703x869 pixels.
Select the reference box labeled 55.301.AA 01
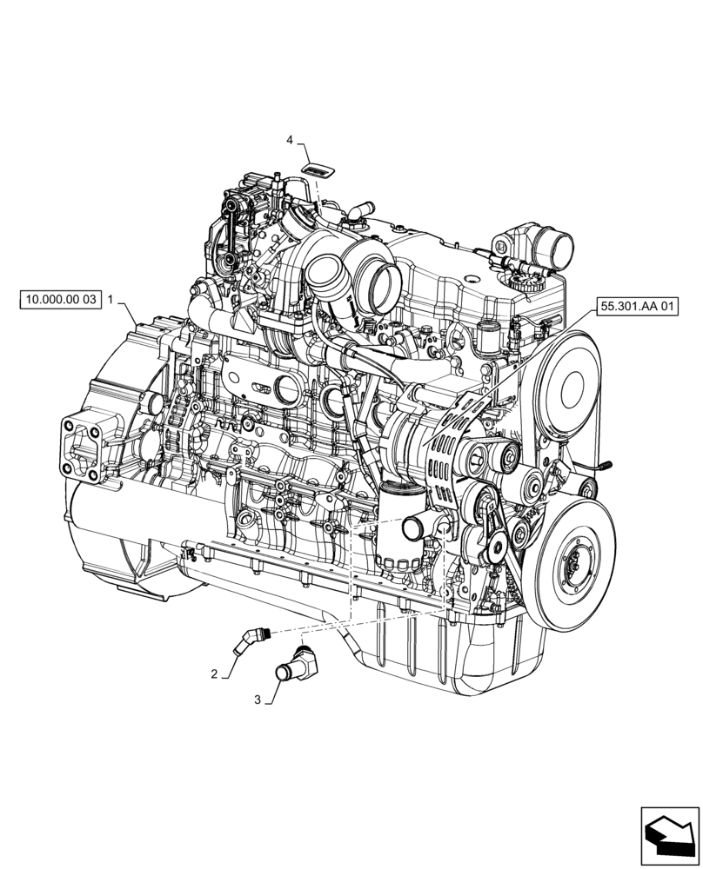638,305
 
